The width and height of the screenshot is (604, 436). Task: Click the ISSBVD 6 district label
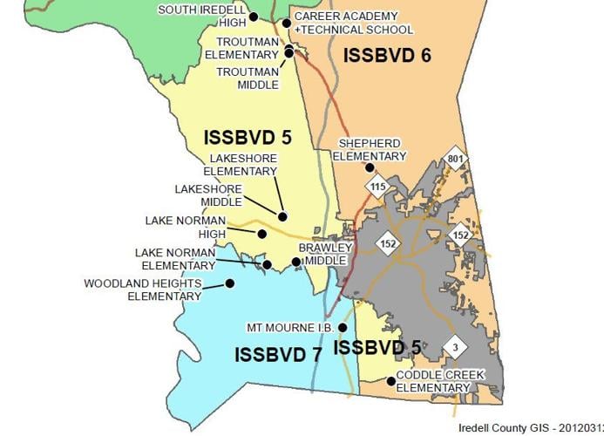click(387, 56)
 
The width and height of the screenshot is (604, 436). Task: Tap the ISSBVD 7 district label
click(278, 354)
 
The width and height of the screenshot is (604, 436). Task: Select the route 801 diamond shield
click(452, 160)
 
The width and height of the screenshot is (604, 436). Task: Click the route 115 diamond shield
click(377, 187)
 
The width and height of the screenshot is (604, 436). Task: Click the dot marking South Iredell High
click(253, 17)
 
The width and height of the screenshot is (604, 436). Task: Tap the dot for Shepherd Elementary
click(370, 167)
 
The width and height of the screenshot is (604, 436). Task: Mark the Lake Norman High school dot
click(261, 234)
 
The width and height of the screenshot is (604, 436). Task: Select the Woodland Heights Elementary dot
click(230, 283)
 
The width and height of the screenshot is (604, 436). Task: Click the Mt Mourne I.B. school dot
click(343, 328)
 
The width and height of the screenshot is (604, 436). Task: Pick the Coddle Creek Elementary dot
click(390, 380)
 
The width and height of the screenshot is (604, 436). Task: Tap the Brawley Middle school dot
click(296, 262)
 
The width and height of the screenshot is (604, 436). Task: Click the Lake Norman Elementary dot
click(267, 264)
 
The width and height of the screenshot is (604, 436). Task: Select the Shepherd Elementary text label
click(372, 149)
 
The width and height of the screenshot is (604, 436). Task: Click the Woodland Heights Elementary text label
click(142, 290)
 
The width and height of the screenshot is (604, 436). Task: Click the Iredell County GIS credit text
click(530, 428)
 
